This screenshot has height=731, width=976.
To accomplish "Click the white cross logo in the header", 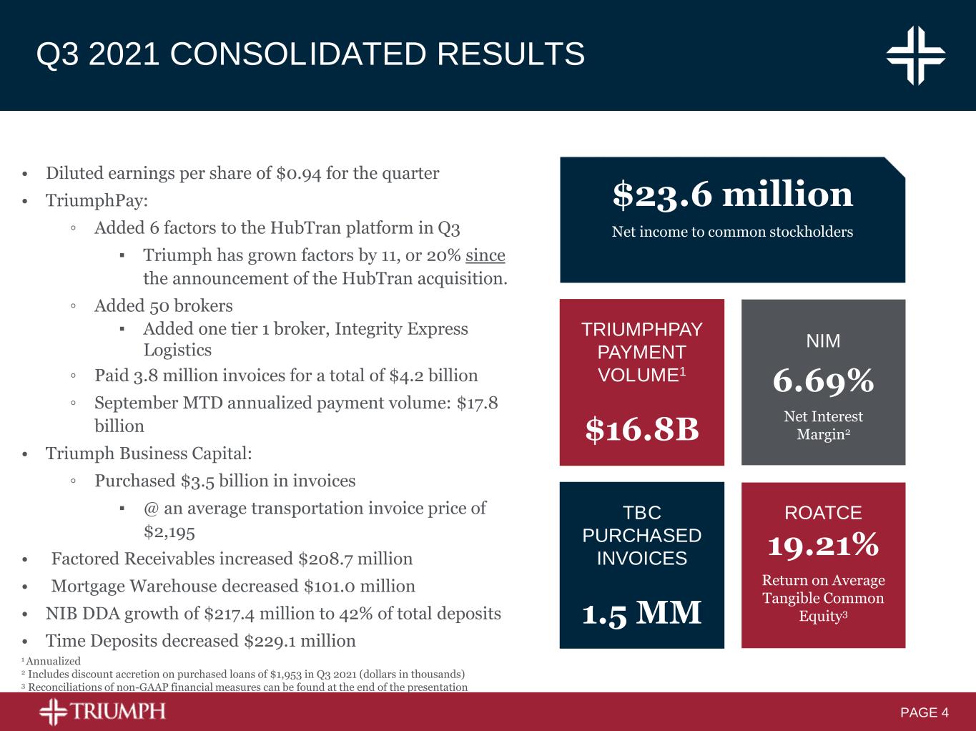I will (x=916, y=55).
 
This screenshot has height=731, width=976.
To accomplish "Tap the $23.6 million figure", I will (x=732, y=195).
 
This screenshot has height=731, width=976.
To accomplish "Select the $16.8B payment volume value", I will (x=641, y=429).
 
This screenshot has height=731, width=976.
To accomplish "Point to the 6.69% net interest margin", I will (x=823, y=381).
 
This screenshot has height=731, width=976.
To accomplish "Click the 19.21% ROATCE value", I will (x=823, y=546).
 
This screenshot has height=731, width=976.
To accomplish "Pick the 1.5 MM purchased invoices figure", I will (x=641, y=613).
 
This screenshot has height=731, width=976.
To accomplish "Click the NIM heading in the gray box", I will (x=823, y=341).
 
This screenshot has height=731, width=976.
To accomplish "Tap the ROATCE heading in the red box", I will (x=823, y=513).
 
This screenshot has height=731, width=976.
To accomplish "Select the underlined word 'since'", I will (x=485, y=255).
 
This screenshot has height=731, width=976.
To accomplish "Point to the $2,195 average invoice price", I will (x=169, y=532).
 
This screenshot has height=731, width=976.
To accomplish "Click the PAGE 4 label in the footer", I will (x=924, y=712).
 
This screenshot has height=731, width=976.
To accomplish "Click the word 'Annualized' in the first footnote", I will (x=53, y=662).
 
